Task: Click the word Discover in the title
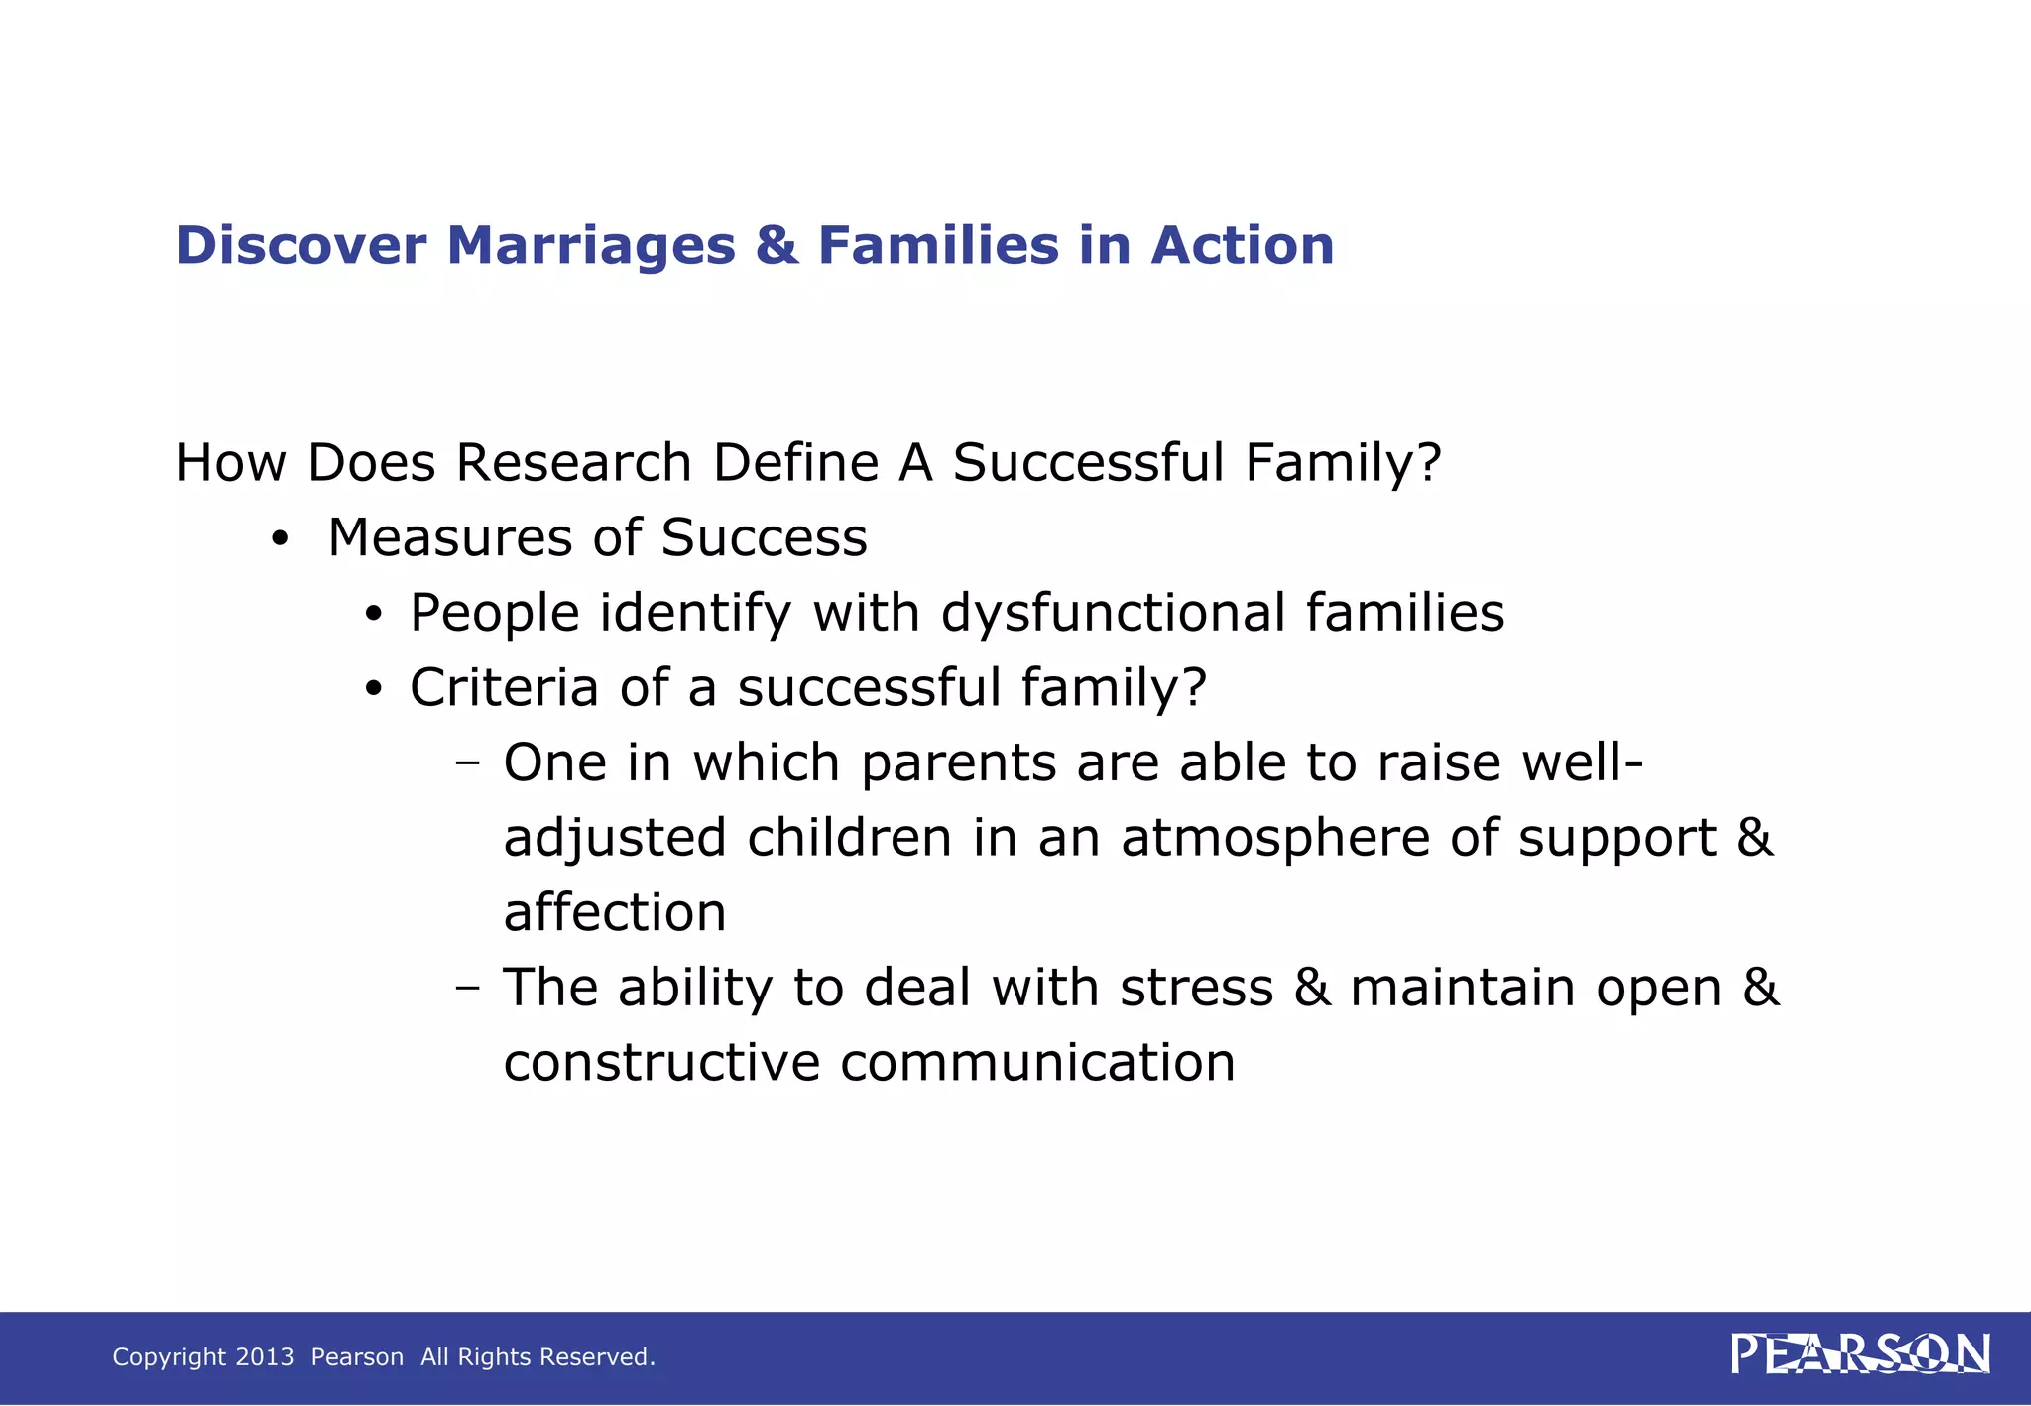point(301,245)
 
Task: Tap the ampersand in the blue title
point(777,245)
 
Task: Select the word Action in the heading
point(1242,245)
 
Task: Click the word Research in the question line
point(573,463)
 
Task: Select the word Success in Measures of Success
point(764,538)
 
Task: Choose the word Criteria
point(504,687)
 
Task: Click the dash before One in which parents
point(467,763)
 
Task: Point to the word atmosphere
point(1274,838)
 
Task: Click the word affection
point(615,912)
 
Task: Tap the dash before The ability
point(467,989)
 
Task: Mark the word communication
point(1037,1063)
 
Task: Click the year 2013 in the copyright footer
point(265,1357)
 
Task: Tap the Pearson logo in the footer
point(1859,1354)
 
